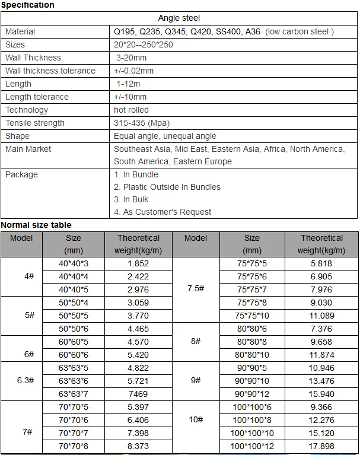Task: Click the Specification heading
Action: pos(27,5)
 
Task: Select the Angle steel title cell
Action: pos(179,18)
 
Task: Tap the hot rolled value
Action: pos(131,110)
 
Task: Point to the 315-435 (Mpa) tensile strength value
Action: pos(141,123)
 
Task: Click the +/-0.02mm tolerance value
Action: pos(133,71)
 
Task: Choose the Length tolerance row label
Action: pos(37,97)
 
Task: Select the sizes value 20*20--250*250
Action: pos(143,44)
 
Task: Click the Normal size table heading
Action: pos(36,225)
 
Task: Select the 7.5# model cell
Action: pos(196,289)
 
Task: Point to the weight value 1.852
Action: pos(138,263)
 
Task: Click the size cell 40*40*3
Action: pos(74,263)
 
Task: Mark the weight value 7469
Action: pos(138,394)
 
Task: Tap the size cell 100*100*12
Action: pos(252,446)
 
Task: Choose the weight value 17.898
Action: pos(321,446)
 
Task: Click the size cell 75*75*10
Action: pos(252,316)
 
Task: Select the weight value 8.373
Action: pos(138,446)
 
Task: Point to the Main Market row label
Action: pos(28,149)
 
